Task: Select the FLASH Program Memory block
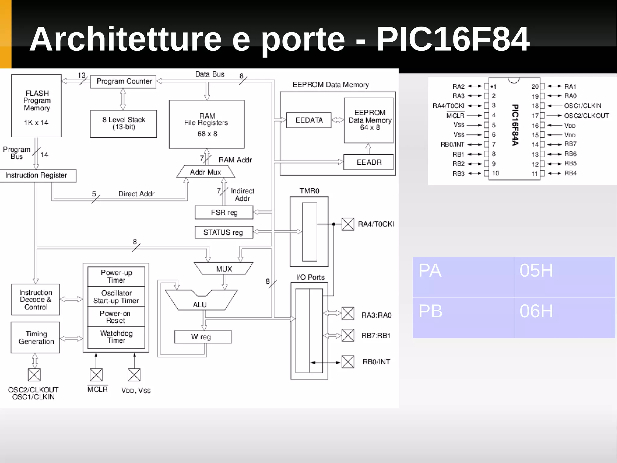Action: (x=36, y=106)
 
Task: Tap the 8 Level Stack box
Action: (x=124, y=124)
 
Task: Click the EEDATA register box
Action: (x=309, y=120)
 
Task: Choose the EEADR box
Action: (x=368, y=162)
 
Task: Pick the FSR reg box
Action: (x=224, y=213)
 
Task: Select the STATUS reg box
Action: (x=224, y=233)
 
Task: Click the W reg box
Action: (x=203, y=337)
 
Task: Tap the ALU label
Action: (x=200, y=305)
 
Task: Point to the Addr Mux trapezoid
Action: (x=205, y=172)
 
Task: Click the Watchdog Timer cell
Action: (x=116, y=337)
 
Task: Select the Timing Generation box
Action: (x=36, y=338)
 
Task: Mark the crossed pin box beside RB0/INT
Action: (x=348, y=362)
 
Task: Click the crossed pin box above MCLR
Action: (x=96, y=375)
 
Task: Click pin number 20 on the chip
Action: (x=535, y=87)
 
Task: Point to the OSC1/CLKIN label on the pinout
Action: (x=583, y=106)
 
